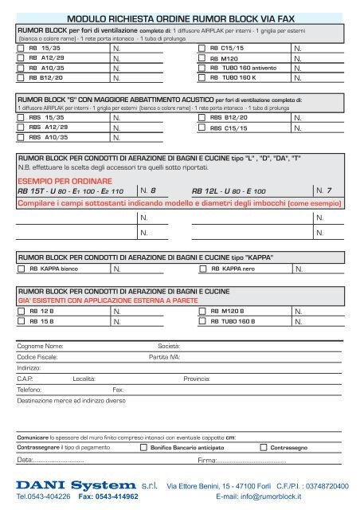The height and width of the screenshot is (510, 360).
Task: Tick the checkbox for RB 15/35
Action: pos(22,49)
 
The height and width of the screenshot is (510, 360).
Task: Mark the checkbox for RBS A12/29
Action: pos(22,127)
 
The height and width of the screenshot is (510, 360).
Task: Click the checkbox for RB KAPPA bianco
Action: pos(22,270)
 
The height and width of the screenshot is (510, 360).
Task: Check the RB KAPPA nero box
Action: pos(201,270)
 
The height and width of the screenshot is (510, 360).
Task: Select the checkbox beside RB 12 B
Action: pos(22,311)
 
